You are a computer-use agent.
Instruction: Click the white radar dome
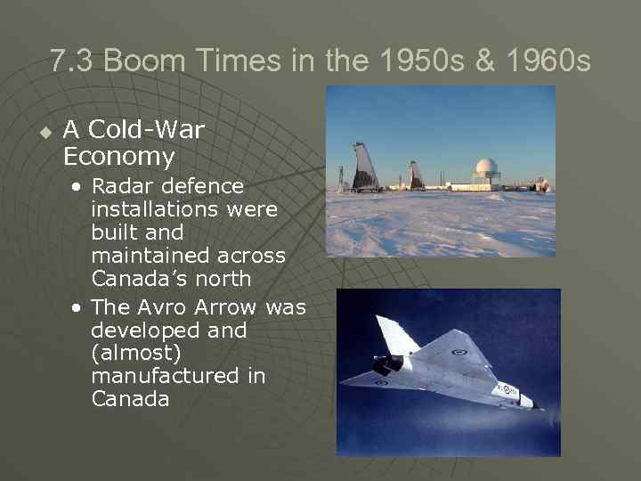[486, 169]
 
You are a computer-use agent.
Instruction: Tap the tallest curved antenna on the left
[365, 168]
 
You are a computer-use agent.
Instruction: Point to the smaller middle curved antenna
[416, 175]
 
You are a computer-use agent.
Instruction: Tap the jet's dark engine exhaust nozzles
[385, 365]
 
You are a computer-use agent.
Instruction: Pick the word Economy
[118, 158]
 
